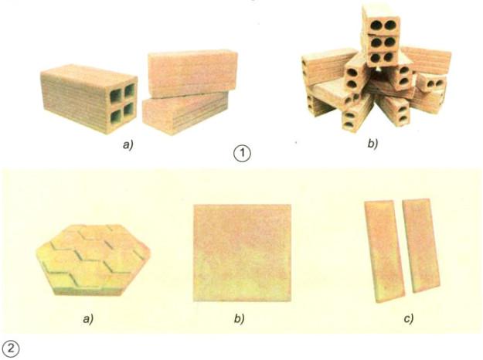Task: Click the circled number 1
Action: pyautogui.click(x=242, y=153)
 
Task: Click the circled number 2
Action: pyautogui.click(x=11, y=349)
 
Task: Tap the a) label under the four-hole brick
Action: pyautogui.click(x=128, y=144)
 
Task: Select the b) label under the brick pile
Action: pyautogui.click(x=373, y=144)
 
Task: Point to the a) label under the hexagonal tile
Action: pyautogui.click(x=88, y=319)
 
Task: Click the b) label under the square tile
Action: pyautogui.click(x=240, y=318)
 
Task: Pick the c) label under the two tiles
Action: pyautogui.click(x=409, y=319)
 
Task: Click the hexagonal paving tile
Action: pyautogui.click(x=93, y=260)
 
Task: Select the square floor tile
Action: pyautogui.click(x=242, y=253)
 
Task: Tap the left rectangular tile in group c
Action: pyautogui.click(x=384, y=251)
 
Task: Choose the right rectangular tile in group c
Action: pyautogui.click(x=421, y=246)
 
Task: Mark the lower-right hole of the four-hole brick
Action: pyautogui.click(x=129, y=110)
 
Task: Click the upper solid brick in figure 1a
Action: pyautogui.click(x=193, y=73)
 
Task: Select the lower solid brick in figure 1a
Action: pyautogui.click(x=185, y=113)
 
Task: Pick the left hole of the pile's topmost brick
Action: pyautogui.click(x=376, y=25)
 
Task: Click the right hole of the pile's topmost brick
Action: pyautogui.click(x=390, y=25)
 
